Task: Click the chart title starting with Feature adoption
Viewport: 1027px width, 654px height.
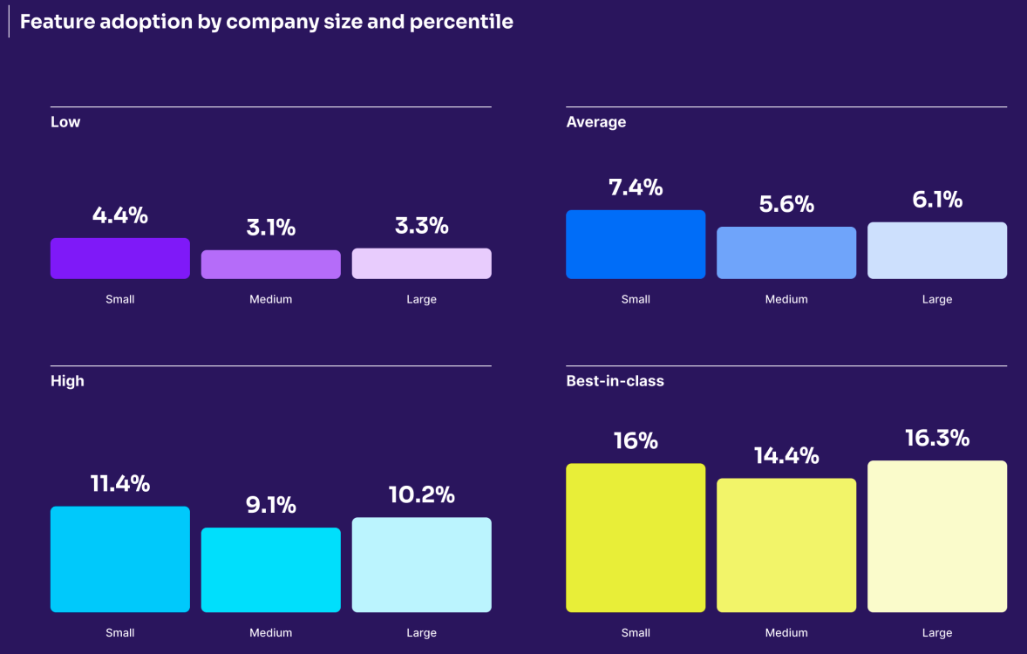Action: coord(266,22)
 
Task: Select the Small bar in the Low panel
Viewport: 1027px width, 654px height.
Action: coord(119,258)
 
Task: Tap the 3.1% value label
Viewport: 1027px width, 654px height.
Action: coord(270,228)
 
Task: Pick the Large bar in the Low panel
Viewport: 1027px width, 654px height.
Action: coord(421,263)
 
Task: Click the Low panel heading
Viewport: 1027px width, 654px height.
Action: coord(65,122)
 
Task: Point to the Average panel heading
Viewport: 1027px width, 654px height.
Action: coord(595,122)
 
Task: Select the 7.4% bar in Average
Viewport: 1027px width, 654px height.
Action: coord(636,244)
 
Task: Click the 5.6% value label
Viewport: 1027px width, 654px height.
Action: coord(786,204)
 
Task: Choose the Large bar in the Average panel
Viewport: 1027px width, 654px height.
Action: coord(937,250)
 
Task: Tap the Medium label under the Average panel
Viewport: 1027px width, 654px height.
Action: coord(786,299)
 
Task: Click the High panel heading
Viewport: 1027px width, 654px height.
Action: coord(67,381)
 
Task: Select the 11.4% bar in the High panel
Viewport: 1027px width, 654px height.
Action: coord(119,559)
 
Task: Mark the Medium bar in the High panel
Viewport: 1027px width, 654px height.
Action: coord(270,569)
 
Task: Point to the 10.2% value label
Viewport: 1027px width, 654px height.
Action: coord(421,495)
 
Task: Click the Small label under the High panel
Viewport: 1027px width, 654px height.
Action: coord(119,632)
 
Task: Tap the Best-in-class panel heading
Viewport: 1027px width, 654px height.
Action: coord(615,381)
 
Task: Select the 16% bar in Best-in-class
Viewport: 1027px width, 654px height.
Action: coord(636,537)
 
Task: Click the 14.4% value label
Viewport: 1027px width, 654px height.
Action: coord(786,456)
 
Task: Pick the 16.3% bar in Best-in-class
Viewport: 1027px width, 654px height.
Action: coord(937,536)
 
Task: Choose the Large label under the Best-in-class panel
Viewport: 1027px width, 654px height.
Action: coord(937,632)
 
